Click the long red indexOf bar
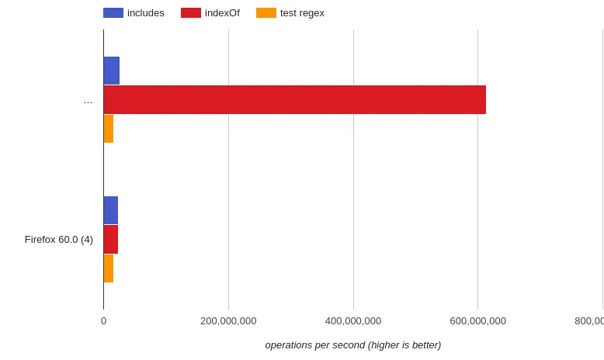295,99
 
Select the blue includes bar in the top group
112,71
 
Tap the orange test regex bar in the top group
109,129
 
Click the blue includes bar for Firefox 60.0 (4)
111,210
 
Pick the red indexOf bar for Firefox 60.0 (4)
111,239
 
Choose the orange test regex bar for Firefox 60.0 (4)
109,268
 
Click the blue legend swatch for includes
113,13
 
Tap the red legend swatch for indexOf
191,13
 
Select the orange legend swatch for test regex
266,13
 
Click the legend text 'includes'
146,13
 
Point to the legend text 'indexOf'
222,13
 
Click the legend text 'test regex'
302,13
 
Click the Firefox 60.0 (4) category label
59,239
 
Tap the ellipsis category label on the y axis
88,100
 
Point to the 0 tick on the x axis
103,320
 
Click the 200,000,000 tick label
228,320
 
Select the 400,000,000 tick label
353,320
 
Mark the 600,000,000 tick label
477,320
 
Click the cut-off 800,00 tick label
589,320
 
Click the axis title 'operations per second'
353,344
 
